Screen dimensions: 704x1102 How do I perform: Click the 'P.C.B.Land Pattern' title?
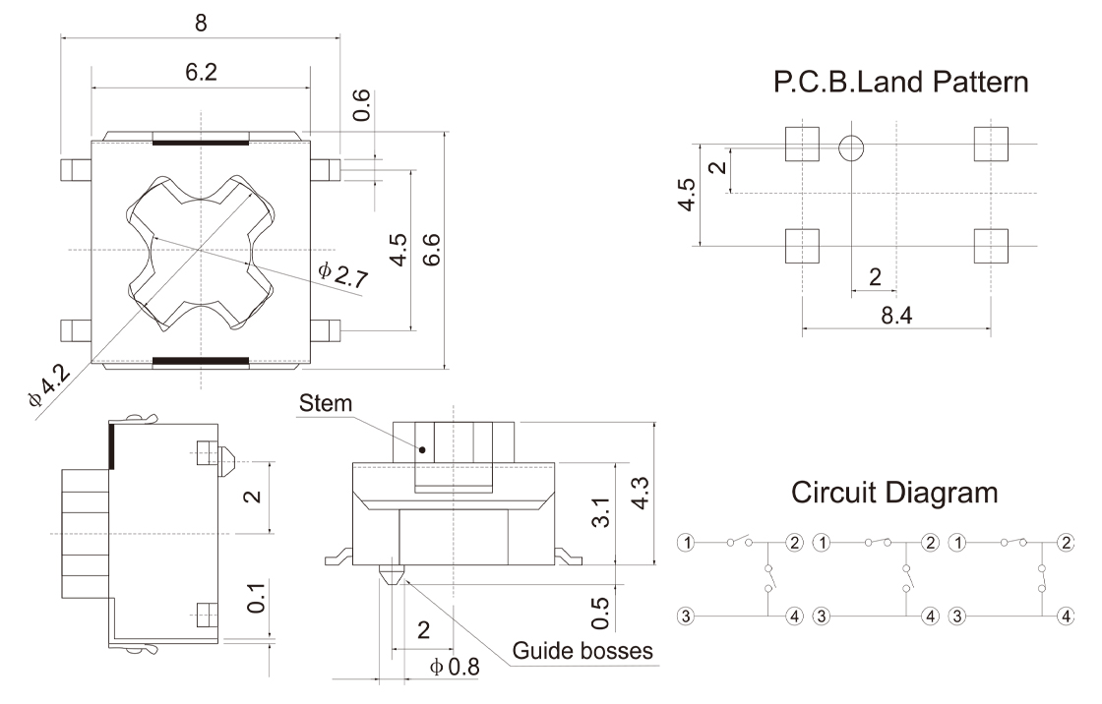[901, 83]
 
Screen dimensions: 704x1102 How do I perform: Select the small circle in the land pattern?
[852, 148]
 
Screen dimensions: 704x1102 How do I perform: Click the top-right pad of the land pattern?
[991, 145]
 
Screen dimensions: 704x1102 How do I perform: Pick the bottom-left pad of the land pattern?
[803, 246]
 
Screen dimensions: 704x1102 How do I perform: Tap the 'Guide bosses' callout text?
[582, 650]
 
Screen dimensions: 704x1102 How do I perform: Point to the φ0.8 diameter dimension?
[454, 668]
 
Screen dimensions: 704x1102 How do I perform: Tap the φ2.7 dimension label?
[343, 274]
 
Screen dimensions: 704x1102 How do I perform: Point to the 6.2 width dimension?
[200, 73]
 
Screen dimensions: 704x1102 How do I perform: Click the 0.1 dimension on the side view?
[255, 596]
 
